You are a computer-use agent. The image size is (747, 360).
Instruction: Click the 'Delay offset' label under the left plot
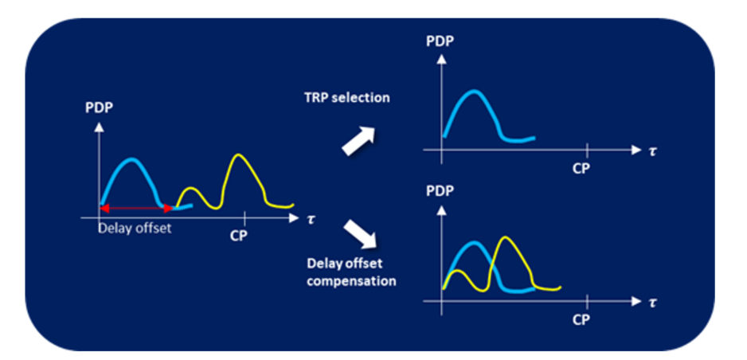[135, 228]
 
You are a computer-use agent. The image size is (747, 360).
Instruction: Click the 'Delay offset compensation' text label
[351, 272]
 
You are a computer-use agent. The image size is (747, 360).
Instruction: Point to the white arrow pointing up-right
[358, 141]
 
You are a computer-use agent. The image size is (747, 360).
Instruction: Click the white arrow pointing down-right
[360, 234]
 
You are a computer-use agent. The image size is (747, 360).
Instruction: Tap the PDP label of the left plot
[99, 108]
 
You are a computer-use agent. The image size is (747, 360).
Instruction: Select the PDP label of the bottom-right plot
[440, 191]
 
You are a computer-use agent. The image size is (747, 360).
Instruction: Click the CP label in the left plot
[239, 237]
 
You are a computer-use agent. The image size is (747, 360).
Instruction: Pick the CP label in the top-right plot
[581, 169]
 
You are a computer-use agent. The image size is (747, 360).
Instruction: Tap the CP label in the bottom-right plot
[581, 319]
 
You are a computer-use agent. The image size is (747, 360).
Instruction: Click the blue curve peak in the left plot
[132, 159]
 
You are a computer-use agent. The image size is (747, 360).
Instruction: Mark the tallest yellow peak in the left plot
[239, 155]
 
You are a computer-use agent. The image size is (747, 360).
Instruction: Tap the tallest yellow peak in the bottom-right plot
[506, 237]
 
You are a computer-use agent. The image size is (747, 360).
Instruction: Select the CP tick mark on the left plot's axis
[244, 218]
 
